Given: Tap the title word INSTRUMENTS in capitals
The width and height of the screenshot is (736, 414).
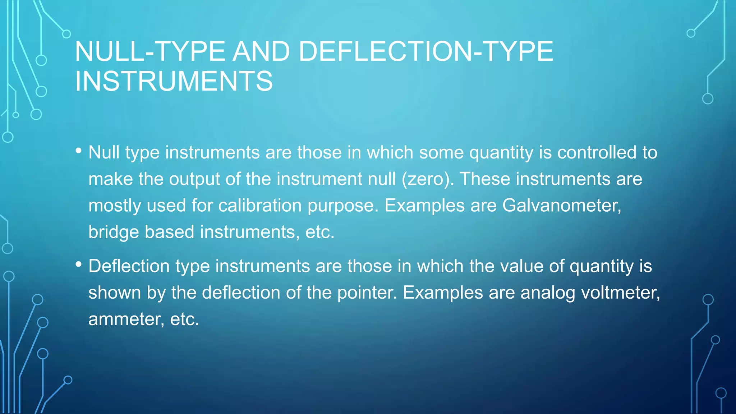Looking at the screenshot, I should click(x=174, y=81).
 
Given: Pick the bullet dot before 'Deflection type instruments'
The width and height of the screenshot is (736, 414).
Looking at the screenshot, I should click(x=79, y=265).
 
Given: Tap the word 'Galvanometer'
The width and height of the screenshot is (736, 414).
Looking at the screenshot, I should click(x=561, y=206).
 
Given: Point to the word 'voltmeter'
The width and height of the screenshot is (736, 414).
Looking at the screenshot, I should click(x=620, y=293).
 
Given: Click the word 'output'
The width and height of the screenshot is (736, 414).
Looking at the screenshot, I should click(x=194, y=179).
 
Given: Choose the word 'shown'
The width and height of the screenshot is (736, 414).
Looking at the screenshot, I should click(x=115, y=293).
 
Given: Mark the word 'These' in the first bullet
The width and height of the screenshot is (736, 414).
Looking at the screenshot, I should click(x=485, y=179).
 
